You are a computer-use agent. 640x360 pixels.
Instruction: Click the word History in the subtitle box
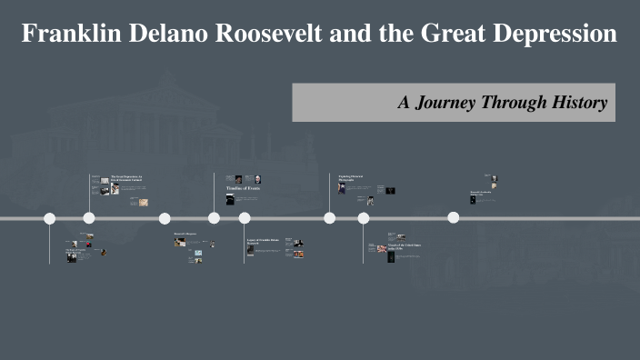pos(580,103)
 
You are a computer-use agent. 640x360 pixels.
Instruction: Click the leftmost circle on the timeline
pos(50,218)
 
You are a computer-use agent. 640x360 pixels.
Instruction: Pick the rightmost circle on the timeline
pos(453,217)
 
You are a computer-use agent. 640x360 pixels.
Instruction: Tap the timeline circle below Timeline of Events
pos(215,218)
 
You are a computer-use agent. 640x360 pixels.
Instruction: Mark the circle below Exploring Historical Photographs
pos(329,218)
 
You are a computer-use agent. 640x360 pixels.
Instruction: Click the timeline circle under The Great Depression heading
pos(89,218)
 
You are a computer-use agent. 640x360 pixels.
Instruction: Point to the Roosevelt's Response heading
pos(185,234)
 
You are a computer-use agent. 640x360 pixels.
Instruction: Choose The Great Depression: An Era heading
pos(126,177)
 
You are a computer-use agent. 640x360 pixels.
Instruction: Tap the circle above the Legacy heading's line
pos(245,218)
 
